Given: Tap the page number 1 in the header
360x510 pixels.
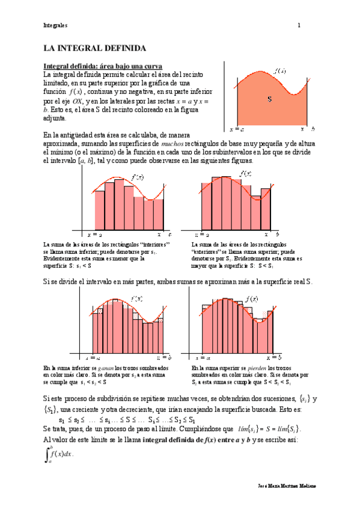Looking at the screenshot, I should click(299, 26).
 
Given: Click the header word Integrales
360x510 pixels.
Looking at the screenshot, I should click(55, 26).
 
